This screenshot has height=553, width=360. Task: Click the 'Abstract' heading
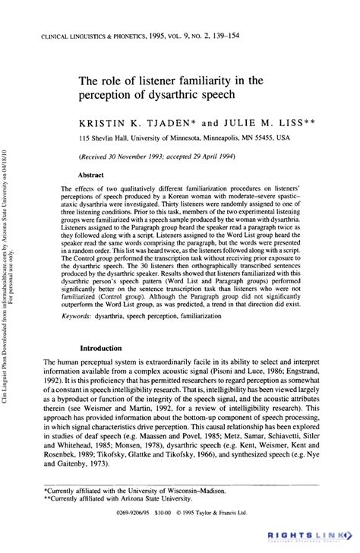point(91,174)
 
